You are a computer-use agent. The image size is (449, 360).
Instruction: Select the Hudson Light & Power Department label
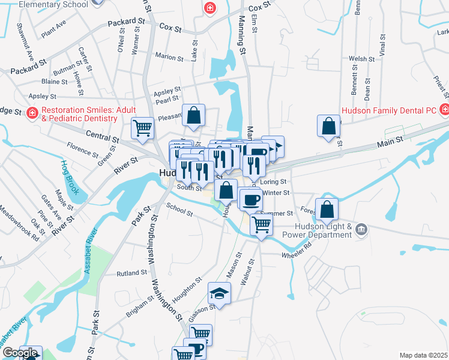[x=323, y=230]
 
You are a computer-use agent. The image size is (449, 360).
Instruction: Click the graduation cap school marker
[x=219, y=293]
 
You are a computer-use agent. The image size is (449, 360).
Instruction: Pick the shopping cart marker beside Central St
[x=143, y=127]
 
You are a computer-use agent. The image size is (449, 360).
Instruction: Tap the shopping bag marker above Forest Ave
[x=328, y=209]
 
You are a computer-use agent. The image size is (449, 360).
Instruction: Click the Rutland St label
[x=132, y=272]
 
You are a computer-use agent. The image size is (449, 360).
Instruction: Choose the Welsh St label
[x=362, y=59]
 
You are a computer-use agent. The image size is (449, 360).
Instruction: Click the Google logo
[x=19, y=353]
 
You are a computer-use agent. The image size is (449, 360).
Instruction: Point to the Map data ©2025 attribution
[x=423, y=355]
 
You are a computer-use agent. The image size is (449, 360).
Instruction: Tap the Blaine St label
[x=54, y=81]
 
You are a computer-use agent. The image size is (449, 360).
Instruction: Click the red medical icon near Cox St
[x=209, y=8]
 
